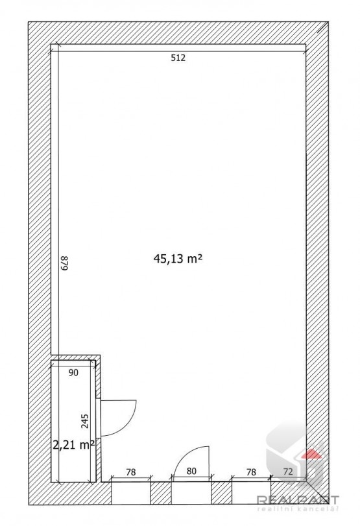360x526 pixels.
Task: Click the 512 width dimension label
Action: (x=178, y=58)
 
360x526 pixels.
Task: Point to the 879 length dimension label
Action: (x=64, y=263)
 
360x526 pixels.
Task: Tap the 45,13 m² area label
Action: (x=178, y=259)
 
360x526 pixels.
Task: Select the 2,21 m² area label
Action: (x=73, y=445)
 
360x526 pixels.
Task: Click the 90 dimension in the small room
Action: (x=73, y=372)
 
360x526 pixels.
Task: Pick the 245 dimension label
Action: (x=85, y=422)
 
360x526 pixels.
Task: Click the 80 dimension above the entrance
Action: (x=191, y=472)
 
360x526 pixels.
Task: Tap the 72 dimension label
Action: (x=288, y=472)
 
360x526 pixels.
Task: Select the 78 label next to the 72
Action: (x=251, y=472)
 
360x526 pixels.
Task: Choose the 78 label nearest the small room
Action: (x=131, y=472)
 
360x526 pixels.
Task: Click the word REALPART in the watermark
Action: (x=298, y=500)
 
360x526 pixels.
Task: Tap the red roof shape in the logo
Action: (x=310, y=453)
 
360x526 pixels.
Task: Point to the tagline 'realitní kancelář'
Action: (x=298, y=510)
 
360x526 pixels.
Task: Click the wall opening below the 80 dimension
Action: (x=191, y=493)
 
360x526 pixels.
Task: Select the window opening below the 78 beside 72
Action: (x=251, y=493)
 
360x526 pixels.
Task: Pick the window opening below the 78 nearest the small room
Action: (x=131, y=493)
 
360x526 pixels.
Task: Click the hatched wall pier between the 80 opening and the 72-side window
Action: (x=221, y=493)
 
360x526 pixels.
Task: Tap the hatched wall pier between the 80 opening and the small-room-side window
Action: (x=161, y=493)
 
